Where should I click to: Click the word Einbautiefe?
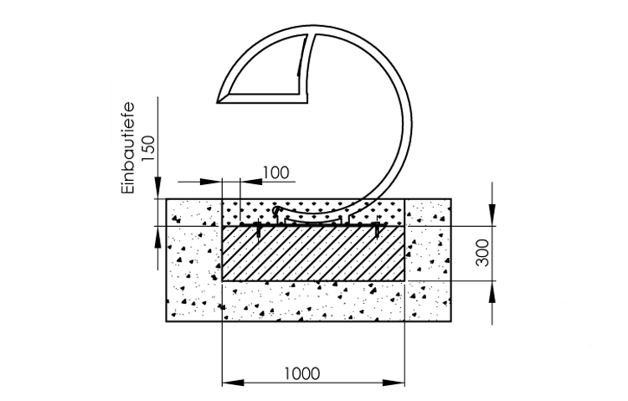pos(127,149)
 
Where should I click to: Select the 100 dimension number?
pos(275,172)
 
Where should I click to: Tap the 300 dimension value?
pos(483,253)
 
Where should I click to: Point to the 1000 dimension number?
pos(302,373)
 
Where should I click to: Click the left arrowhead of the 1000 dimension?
pos(233,383)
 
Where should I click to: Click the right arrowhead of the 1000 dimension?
pos(394,383)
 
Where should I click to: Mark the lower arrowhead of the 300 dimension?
pos(492,291)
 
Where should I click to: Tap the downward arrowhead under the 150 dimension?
pos(158,188)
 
